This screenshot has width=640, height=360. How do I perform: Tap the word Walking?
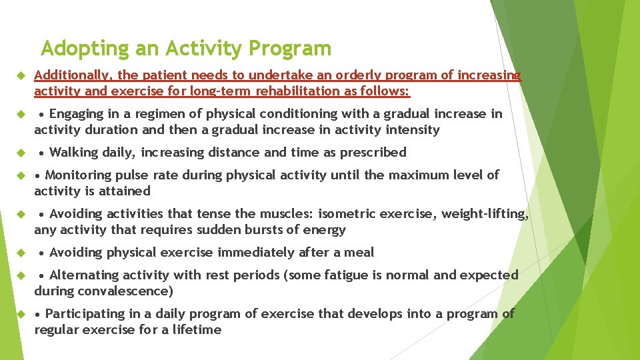tap(73, 153)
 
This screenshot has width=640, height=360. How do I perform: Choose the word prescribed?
tap(373, 153)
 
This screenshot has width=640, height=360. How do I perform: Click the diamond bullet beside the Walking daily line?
tap(20, 153)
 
